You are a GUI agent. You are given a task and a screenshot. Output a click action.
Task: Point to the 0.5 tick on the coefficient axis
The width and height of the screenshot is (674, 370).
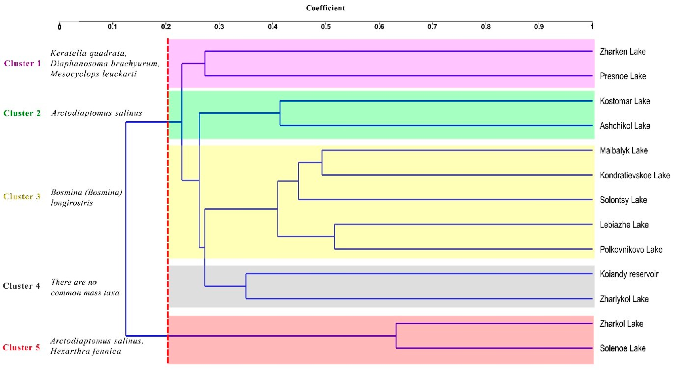coord(326,26)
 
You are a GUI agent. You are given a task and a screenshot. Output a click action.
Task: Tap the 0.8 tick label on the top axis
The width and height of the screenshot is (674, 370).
coord(486,26)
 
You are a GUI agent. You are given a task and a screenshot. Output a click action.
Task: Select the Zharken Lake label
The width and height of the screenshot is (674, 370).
coord(622,51)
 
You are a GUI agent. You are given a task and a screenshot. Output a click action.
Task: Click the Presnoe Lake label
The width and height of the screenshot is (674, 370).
coord(623,76)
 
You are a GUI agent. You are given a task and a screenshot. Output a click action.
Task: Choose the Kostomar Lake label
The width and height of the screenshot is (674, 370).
coord(625,101)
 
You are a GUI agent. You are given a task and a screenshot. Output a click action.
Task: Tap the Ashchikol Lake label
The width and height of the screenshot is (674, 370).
coord(625,126)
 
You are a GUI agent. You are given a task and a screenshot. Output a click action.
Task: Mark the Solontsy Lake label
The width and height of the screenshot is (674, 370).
coord(623,200)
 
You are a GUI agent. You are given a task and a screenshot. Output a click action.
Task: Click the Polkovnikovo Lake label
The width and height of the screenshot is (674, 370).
coord(631,249)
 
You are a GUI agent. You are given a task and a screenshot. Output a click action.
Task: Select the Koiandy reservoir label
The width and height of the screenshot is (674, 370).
coord(629,274)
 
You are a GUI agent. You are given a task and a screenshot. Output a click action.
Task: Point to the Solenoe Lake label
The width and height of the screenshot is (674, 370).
coord(622,348)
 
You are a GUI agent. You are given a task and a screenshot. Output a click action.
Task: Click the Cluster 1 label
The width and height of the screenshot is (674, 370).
coord(22,63)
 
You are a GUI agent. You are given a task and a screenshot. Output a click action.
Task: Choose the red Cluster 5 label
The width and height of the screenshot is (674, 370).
coord(21,348)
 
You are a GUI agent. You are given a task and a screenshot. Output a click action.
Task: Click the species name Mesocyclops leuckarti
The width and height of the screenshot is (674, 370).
coord(93,74)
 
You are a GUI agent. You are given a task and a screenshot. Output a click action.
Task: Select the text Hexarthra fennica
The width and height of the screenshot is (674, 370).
coord(86,351)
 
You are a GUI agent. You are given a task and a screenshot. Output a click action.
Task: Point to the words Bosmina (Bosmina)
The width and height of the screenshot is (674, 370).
coord(86,192)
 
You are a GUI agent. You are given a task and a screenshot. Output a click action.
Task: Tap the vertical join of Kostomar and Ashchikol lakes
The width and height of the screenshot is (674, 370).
coord(280,113)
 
